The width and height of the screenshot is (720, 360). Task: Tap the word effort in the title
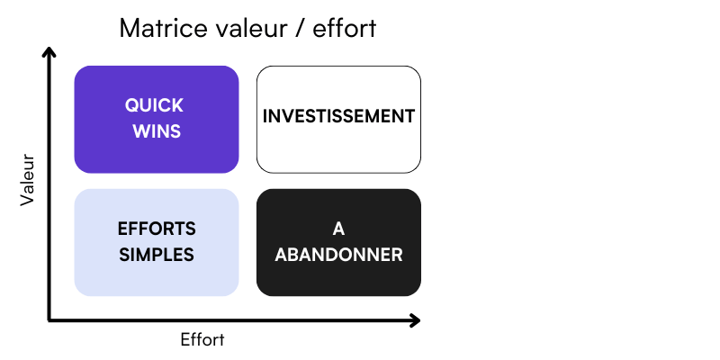pyautogui.click(x=344, y=29)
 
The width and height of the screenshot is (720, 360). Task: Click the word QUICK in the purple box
pyautogui.click(x=154, y=105)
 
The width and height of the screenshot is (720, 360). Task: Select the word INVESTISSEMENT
pyautogui.click(x=338, y=116)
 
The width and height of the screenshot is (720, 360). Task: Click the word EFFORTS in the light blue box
pyautogui.click(x=157, y=229)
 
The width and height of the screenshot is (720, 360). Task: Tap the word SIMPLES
pyautogui.click(x=157, y=255)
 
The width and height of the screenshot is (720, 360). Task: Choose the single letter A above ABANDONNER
pyautogui.click(x=338, y=229)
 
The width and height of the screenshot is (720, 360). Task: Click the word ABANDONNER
pyautogui.click(x=338, y=255)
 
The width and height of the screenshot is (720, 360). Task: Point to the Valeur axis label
pyautogui.click(x=28, y=179)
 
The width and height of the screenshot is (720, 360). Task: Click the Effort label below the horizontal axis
pyautogui.click(x=202, y=340)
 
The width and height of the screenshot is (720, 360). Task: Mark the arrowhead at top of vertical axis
pyautogui.click(x=49, y=51)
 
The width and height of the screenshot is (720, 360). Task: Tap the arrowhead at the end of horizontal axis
pyautogui.click(x=415, y=320)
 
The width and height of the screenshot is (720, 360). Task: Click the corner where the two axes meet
pyautogui.click(x=49, y=320)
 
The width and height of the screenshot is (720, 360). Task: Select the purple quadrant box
pyautogui.click(x=157, y=120)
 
